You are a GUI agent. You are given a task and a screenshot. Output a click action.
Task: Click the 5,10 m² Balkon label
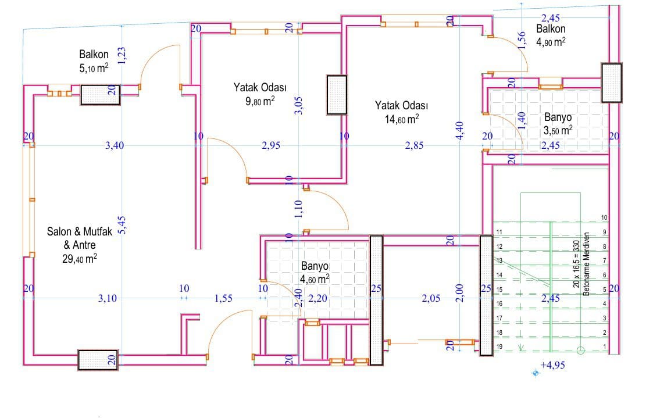coord(94,61)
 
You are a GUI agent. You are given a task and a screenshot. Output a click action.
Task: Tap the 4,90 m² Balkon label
coord(551,35)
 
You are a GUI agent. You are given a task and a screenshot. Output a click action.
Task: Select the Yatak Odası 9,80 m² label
coord(260,94)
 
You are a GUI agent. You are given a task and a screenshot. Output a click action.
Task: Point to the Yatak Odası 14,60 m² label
coord(401,112)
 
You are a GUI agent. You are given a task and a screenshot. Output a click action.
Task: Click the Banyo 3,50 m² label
coord(558,124)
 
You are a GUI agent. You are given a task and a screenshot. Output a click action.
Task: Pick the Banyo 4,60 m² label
coord(315,273)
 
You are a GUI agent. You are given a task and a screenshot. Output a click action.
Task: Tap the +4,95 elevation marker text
coord(552,365)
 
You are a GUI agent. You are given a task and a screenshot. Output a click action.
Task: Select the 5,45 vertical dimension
coord(122,225)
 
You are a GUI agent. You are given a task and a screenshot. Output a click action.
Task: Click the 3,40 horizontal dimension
coord(115,145)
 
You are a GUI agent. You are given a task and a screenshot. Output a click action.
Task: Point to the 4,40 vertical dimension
coord(459,130)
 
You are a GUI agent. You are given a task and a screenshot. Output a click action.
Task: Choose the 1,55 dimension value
coord(224,298)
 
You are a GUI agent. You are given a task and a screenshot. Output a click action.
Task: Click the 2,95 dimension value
coord(271,145)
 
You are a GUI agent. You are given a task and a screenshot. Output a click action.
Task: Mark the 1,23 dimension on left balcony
coord(122,56)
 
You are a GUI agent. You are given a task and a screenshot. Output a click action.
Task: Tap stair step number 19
coord(499,346)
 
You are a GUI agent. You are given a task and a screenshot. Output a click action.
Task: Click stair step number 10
coord(604,217)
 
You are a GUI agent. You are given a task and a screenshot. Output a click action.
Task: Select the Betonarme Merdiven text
coord(586,264)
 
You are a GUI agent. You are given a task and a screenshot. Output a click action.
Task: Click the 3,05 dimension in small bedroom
coord(299,106)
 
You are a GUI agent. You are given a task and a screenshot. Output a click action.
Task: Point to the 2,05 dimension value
coord(431,298)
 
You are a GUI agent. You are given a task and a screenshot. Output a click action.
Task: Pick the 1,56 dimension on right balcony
coord(522,40)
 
